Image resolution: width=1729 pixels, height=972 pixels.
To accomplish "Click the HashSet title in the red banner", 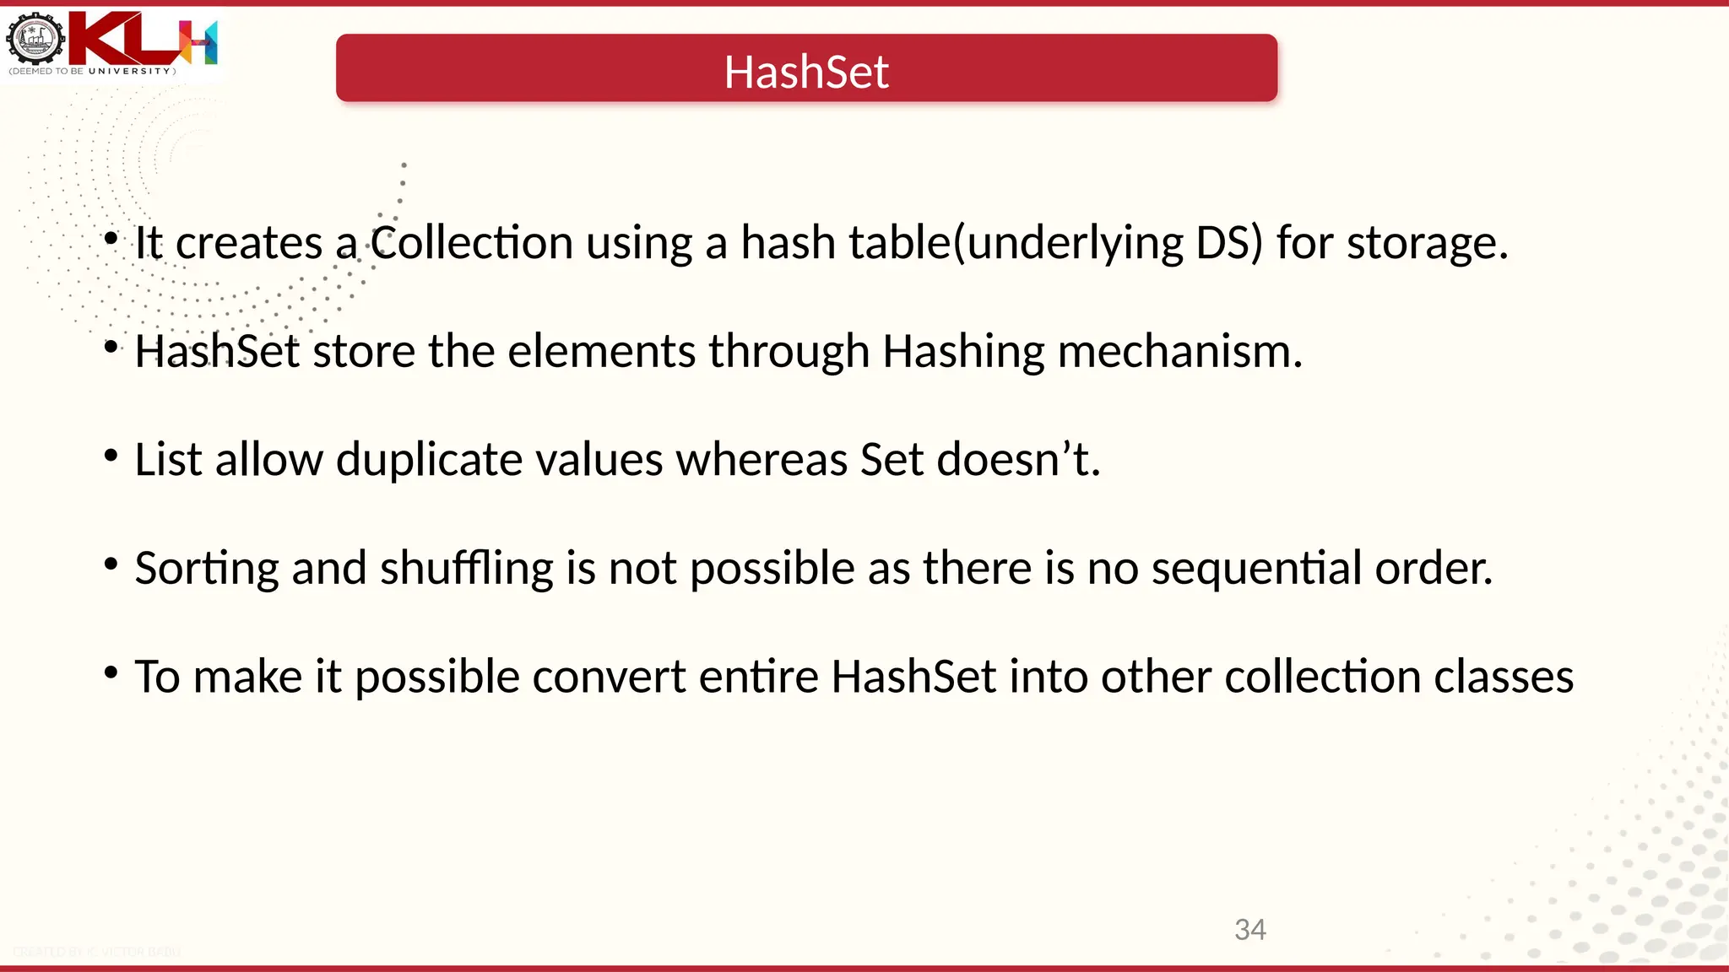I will tap(806, 72).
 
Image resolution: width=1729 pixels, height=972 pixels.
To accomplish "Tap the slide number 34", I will tap(1249, 930).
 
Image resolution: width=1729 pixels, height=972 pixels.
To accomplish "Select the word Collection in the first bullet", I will tap(472, 243).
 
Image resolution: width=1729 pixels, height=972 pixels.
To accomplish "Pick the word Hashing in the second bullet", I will tap(963, 352).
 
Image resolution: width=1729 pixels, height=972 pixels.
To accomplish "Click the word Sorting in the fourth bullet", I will tap(206, 569).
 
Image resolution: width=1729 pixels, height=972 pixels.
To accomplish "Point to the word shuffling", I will tap(466, 569).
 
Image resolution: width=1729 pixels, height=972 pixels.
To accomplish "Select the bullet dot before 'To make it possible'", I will tap(111, 672).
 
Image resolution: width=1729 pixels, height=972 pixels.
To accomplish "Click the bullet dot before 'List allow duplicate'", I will tap(111, 456).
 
